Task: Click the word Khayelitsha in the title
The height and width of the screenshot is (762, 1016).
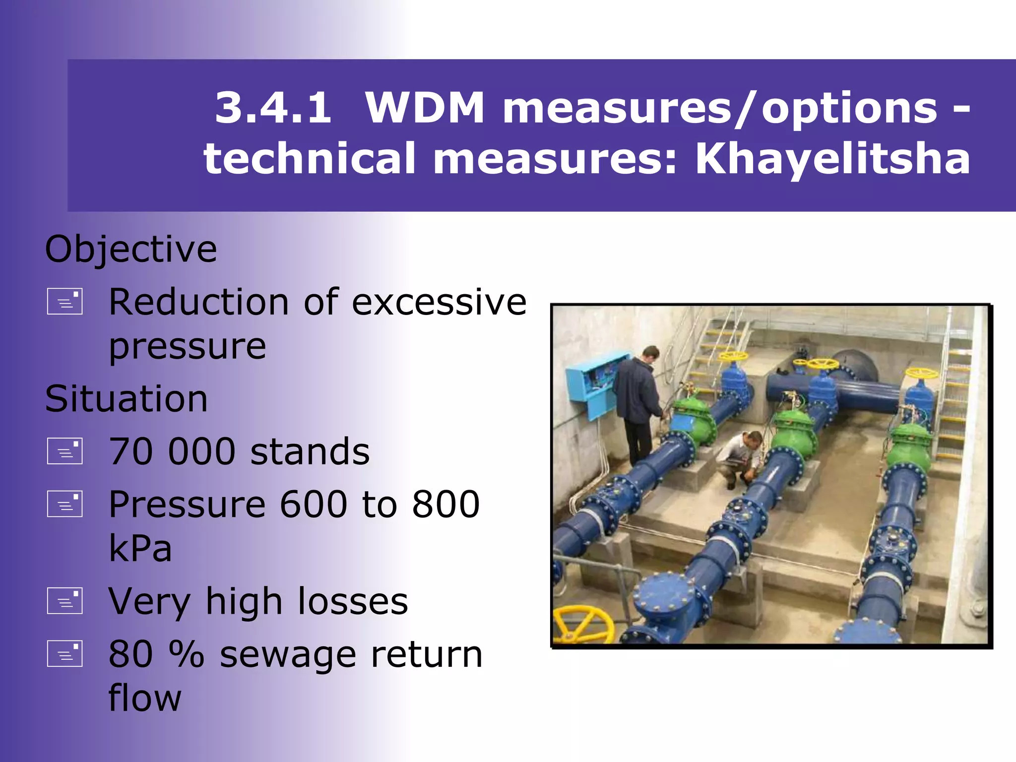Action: click(832, 159)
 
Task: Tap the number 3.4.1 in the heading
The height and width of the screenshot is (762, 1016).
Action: click(273, 108)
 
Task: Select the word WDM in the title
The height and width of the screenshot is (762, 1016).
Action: click(425, 108)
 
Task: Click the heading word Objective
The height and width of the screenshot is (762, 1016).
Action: click(131, 249)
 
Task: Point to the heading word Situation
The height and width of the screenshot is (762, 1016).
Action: click(127, 399)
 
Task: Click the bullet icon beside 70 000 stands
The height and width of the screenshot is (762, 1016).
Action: click(64, 451)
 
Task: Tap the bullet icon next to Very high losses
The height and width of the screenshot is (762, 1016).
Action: click(64, 601)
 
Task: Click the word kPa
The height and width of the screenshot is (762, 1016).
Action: click(140, 548)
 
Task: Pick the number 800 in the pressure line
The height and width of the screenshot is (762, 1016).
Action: click(445, 505)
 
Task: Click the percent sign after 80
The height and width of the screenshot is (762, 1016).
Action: click(187, 654)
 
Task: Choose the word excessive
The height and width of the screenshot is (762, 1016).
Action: click(439, 302)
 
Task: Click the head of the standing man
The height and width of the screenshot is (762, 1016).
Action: click(650, 354)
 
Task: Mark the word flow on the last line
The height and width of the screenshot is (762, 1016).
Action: click(145, 698)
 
